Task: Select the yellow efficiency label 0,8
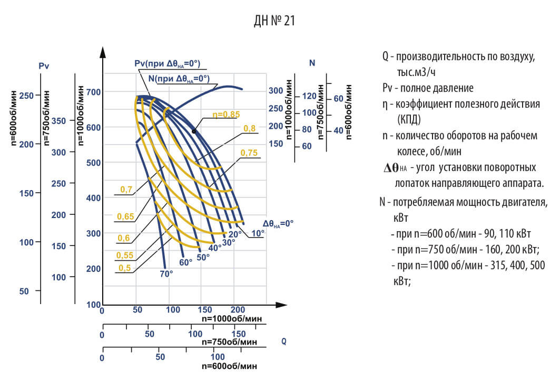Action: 249,128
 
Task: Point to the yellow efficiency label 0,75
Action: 249,153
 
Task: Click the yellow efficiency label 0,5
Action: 124,268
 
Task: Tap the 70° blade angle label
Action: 166,273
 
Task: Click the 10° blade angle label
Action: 258,233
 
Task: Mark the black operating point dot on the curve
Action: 194,131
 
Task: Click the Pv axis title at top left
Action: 44,66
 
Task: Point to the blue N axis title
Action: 312,63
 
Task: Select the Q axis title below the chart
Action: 284,342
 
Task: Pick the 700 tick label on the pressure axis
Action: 94,92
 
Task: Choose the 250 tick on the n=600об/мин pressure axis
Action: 26,95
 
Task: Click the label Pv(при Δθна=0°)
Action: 168,63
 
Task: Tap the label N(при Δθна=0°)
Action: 176,78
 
